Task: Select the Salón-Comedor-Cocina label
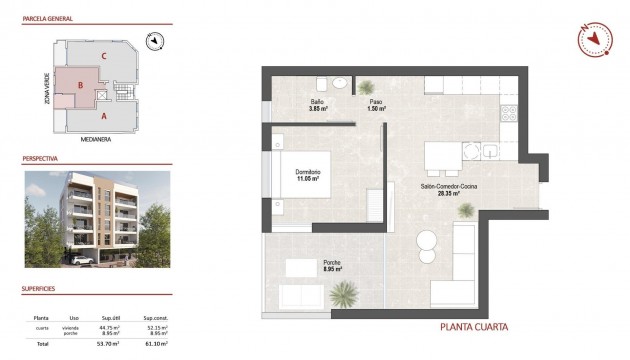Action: [441, 187]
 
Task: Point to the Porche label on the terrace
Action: [333, 265]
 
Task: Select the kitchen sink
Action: [492, 153]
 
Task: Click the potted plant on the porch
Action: [345, 294]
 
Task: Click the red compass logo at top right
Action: [594, 38]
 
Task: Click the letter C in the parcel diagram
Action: [105, 56]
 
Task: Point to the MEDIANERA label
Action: [96, 139]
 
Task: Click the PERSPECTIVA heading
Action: [39, 159]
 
